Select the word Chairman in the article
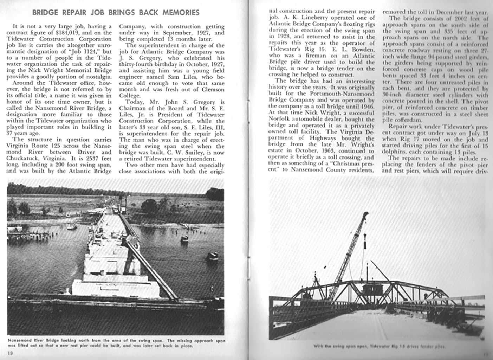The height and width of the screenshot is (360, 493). (134, 108)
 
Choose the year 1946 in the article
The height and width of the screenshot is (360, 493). (367, 106)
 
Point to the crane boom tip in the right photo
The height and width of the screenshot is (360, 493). (366, 213)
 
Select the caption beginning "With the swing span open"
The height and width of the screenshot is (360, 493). (380, 346)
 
